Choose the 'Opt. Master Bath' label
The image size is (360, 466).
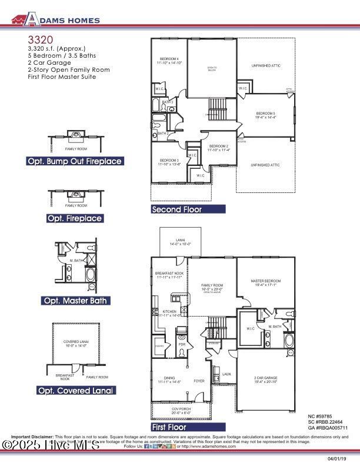click(75, 301)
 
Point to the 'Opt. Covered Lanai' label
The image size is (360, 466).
click(76, 390)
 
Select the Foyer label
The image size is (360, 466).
click(199, 381)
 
